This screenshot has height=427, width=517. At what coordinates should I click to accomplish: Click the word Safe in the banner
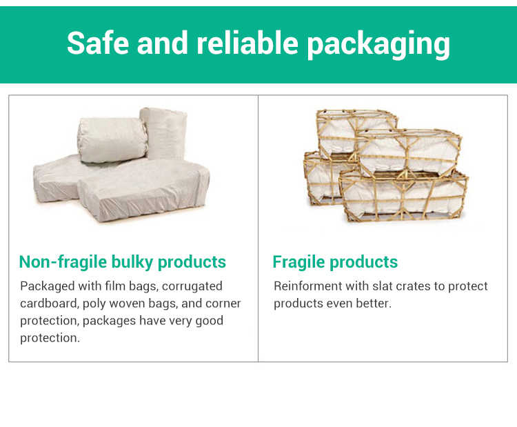point(98,42)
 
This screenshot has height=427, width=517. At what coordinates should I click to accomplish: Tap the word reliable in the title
point(247,42)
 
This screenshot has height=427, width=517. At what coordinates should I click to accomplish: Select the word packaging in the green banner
point(378,45)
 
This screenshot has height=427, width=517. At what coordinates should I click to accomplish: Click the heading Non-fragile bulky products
point(122,262)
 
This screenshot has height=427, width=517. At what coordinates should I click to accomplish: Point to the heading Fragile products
point(335,262)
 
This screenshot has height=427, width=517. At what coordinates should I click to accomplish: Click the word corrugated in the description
point(192,286)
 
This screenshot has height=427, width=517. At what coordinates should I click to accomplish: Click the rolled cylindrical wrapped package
point(112,139)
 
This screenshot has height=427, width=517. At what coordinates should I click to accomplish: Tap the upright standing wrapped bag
point(164,133)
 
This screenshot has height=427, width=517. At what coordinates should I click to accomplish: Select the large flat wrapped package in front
point(143,190)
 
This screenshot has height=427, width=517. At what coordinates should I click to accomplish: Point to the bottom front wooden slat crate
point(403,197)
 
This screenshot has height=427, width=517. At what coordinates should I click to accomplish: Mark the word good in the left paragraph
point(210,321)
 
